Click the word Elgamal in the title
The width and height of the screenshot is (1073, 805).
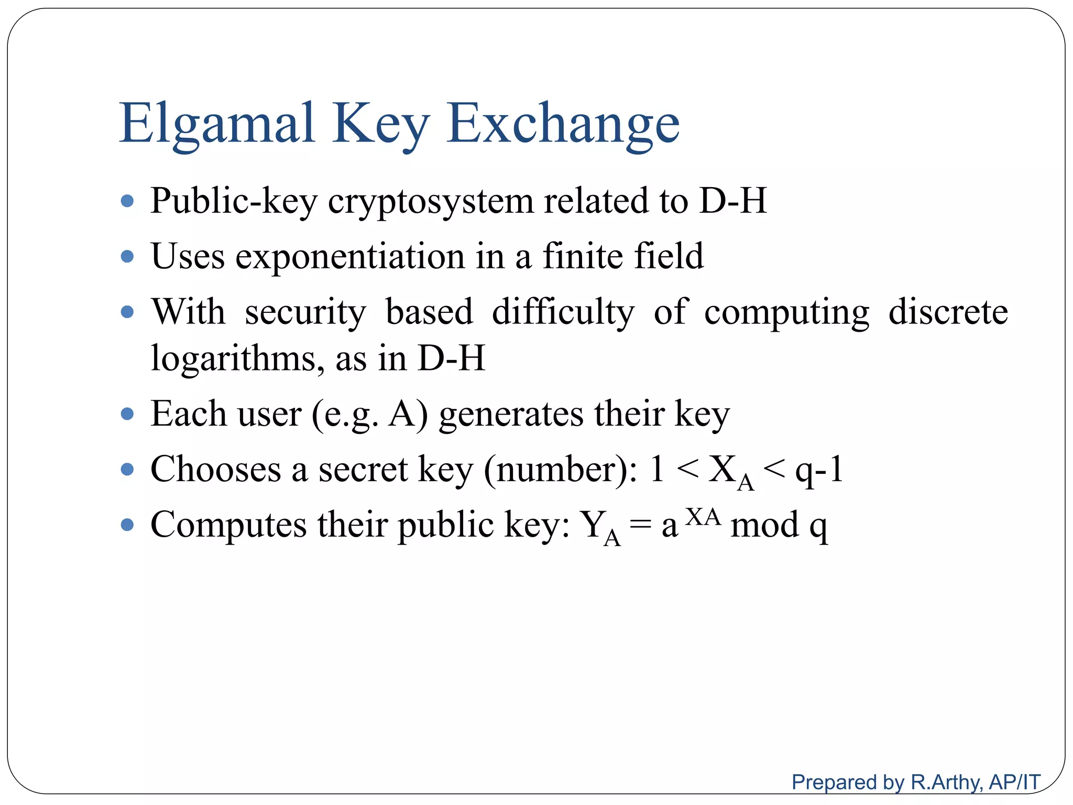point(217,123)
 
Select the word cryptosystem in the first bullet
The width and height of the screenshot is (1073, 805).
point(430,201)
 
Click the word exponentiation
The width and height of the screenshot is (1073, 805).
point(349,256)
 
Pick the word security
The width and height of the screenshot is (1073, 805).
point(305,313)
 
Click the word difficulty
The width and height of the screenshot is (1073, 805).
point(563,313)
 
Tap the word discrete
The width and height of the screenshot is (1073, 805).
point(948,312)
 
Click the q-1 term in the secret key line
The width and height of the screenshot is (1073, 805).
point(819,470)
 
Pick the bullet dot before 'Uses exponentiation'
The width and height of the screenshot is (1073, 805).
point(127,257)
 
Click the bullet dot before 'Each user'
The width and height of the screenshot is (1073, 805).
point(127,415)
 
